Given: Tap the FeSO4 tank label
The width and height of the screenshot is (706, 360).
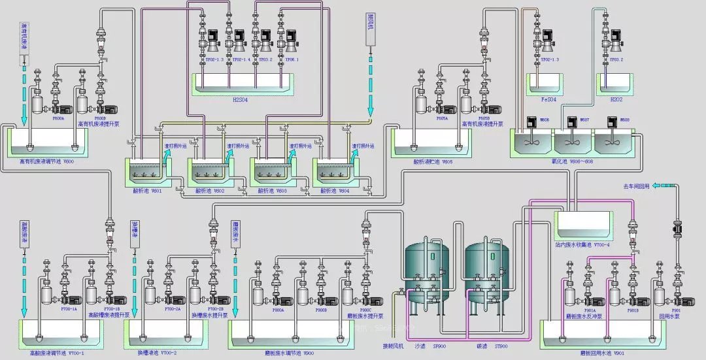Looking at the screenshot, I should click(548, 100).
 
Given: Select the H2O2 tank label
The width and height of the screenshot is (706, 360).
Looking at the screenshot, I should click(617, 100).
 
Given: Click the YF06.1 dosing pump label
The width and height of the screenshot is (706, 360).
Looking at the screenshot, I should click(291, 59).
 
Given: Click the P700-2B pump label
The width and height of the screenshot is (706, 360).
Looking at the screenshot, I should click(216, 309).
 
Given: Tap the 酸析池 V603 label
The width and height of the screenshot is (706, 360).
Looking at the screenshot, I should click(272, 191).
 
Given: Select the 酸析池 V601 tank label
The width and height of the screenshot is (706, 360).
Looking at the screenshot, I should click(146, 191).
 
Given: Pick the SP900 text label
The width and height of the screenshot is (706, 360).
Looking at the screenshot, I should click(439, 346).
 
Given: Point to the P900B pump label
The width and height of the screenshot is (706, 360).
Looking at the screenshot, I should click(321, 310).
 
